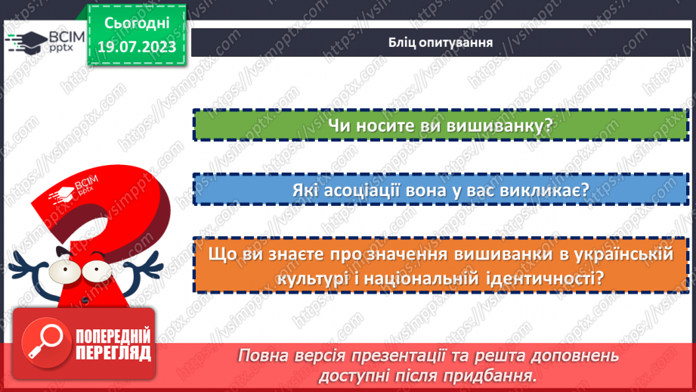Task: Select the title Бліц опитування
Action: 436,42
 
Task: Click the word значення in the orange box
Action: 386,255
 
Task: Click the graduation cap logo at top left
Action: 25,42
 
